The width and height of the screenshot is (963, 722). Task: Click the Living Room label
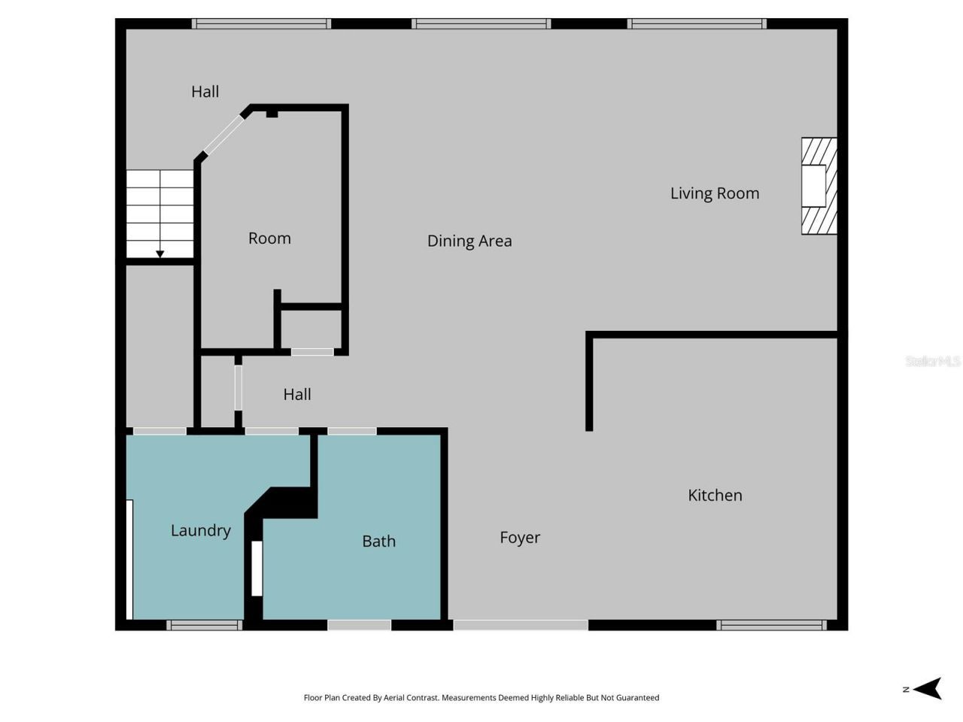[715, 193]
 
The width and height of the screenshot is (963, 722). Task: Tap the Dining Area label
[469, 241]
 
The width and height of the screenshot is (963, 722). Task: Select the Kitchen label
[715, 495]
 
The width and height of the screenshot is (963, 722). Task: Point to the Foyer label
[520, 537]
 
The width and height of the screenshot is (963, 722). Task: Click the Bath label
[378, 541]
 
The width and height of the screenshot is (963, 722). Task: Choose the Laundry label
[200, 530]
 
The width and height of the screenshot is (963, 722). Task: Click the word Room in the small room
[269, 238]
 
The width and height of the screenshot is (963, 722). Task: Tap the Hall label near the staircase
[205, 92]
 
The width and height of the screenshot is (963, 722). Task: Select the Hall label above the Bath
[297, 394]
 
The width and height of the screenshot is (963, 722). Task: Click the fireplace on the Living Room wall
[819, 186]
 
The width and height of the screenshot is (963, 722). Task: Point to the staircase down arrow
[159, 254]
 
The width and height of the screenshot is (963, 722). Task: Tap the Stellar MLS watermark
[932, 362]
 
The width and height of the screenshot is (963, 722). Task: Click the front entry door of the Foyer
[520, 625]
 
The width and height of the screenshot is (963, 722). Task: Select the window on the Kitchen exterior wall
[771, 625]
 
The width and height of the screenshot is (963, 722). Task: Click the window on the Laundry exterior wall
[204, 625]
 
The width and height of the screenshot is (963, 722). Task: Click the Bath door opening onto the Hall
[352, 431]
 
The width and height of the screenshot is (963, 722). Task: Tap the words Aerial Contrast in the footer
[410, 698]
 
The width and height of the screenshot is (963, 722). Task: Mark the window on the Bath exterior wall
[359, 625]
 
